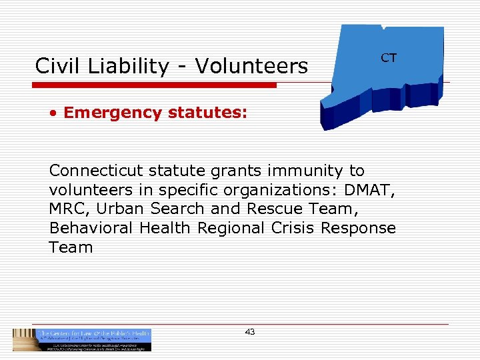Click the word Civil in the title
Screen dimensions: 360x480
[56, 66]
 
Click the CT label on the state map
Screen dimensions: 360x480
[389, 58]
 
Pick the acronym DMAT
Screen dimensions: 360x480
[370, 190]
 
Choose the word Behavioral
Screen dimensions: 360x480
[91, 228]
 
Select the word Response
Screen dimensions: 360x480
[359, 228]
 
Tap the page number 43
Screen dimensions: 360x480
[250, 331]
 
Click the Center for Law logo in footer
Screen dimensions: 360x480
[83, 339]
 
